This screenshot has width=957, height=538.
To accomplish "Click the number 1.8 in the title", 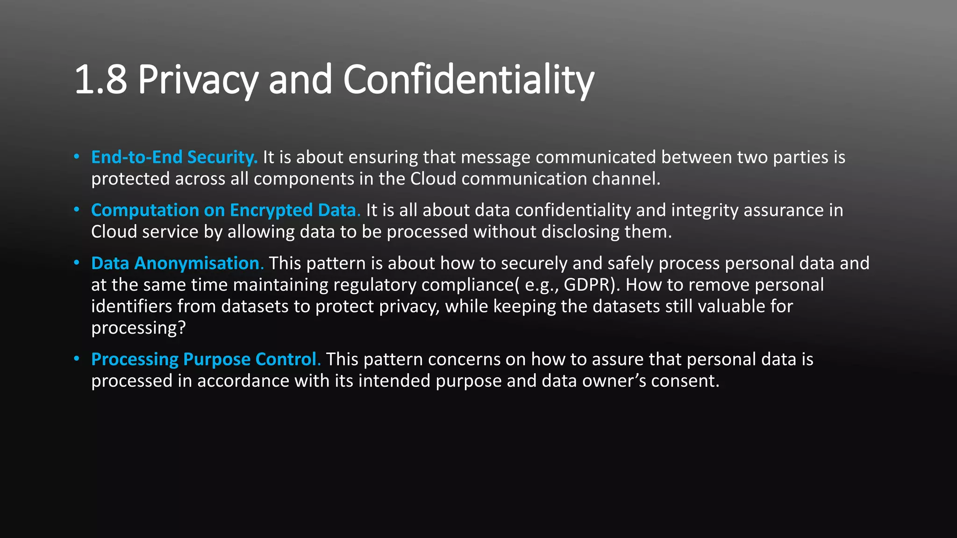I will click(100, 80).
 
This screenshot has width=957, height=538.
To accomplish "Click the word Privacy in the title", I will click(198, 80).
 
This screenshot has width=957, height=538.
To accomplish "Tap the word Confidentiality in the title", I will click(468, 80).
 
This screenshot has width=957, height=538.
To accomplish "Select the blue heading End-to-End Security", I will click(174, 157).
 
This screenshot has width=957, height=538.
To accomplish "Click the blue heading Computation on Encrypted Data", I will click(226, 210).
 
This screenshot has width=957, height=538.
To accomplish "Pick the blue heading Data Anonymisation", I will click(178, 263).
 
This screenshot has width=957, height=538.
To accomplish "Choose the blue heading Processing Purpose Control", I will click(206, 359).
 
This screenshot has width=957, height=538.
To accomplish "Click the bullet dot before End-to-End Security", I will click(77, 157).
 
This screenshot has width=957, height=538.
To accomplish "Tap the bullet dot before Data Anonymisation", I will click(77, 263).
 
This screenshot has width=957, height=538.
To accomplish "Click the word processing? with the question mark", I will click(138, 328).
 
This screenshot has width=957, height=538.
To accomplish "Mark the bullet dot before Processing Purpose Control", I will click(77, 359).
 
